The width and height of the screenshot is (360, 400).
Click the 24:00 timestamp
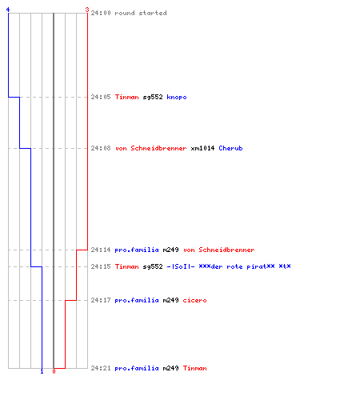click(101, 13)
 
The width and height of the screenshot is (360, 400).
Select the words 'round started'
click(141, 13)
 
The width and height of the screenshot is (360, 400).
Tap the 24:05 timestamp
click(101, 97)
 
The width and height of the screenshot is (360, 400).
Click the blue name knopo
click(177, 98)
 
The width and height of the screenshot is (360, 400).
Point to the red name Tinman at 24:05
click(127, 97)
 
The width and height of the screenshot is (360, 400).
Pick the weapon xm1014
click(202, 148)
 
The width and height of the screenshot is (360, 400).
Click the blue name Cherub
click(230, 148)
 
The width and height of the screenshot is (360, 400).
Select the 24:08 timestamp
click(101, 148)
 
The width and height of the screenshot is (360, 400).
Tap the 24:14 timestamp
click(101, 250)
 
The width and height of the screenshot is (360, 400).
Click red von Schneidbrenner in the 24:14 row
click(219, 250)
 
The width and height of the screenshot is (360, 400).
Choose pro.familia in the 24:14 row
click(137, 250)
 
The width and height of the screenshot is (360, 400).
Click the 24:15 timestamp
click(101, 266)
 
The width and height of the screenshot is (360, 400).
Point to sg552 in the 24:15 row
click(153, 266)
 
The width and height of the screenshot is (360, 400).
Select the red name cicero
click(194, 301)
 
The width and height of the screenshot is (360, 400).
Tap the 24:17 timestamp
click(101, 301)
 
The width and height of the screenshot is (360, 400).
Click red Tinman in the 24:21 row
click(195, 368)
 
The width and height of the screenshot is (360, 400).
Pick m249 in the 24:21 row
click(170, 368)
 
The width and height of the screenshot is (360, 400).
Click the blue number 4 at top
click(8, 10)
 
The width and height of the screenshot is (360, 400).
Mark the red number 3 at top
click(87, 10)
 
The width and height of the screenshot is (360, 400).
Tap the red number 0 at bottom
click(54, 371)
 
